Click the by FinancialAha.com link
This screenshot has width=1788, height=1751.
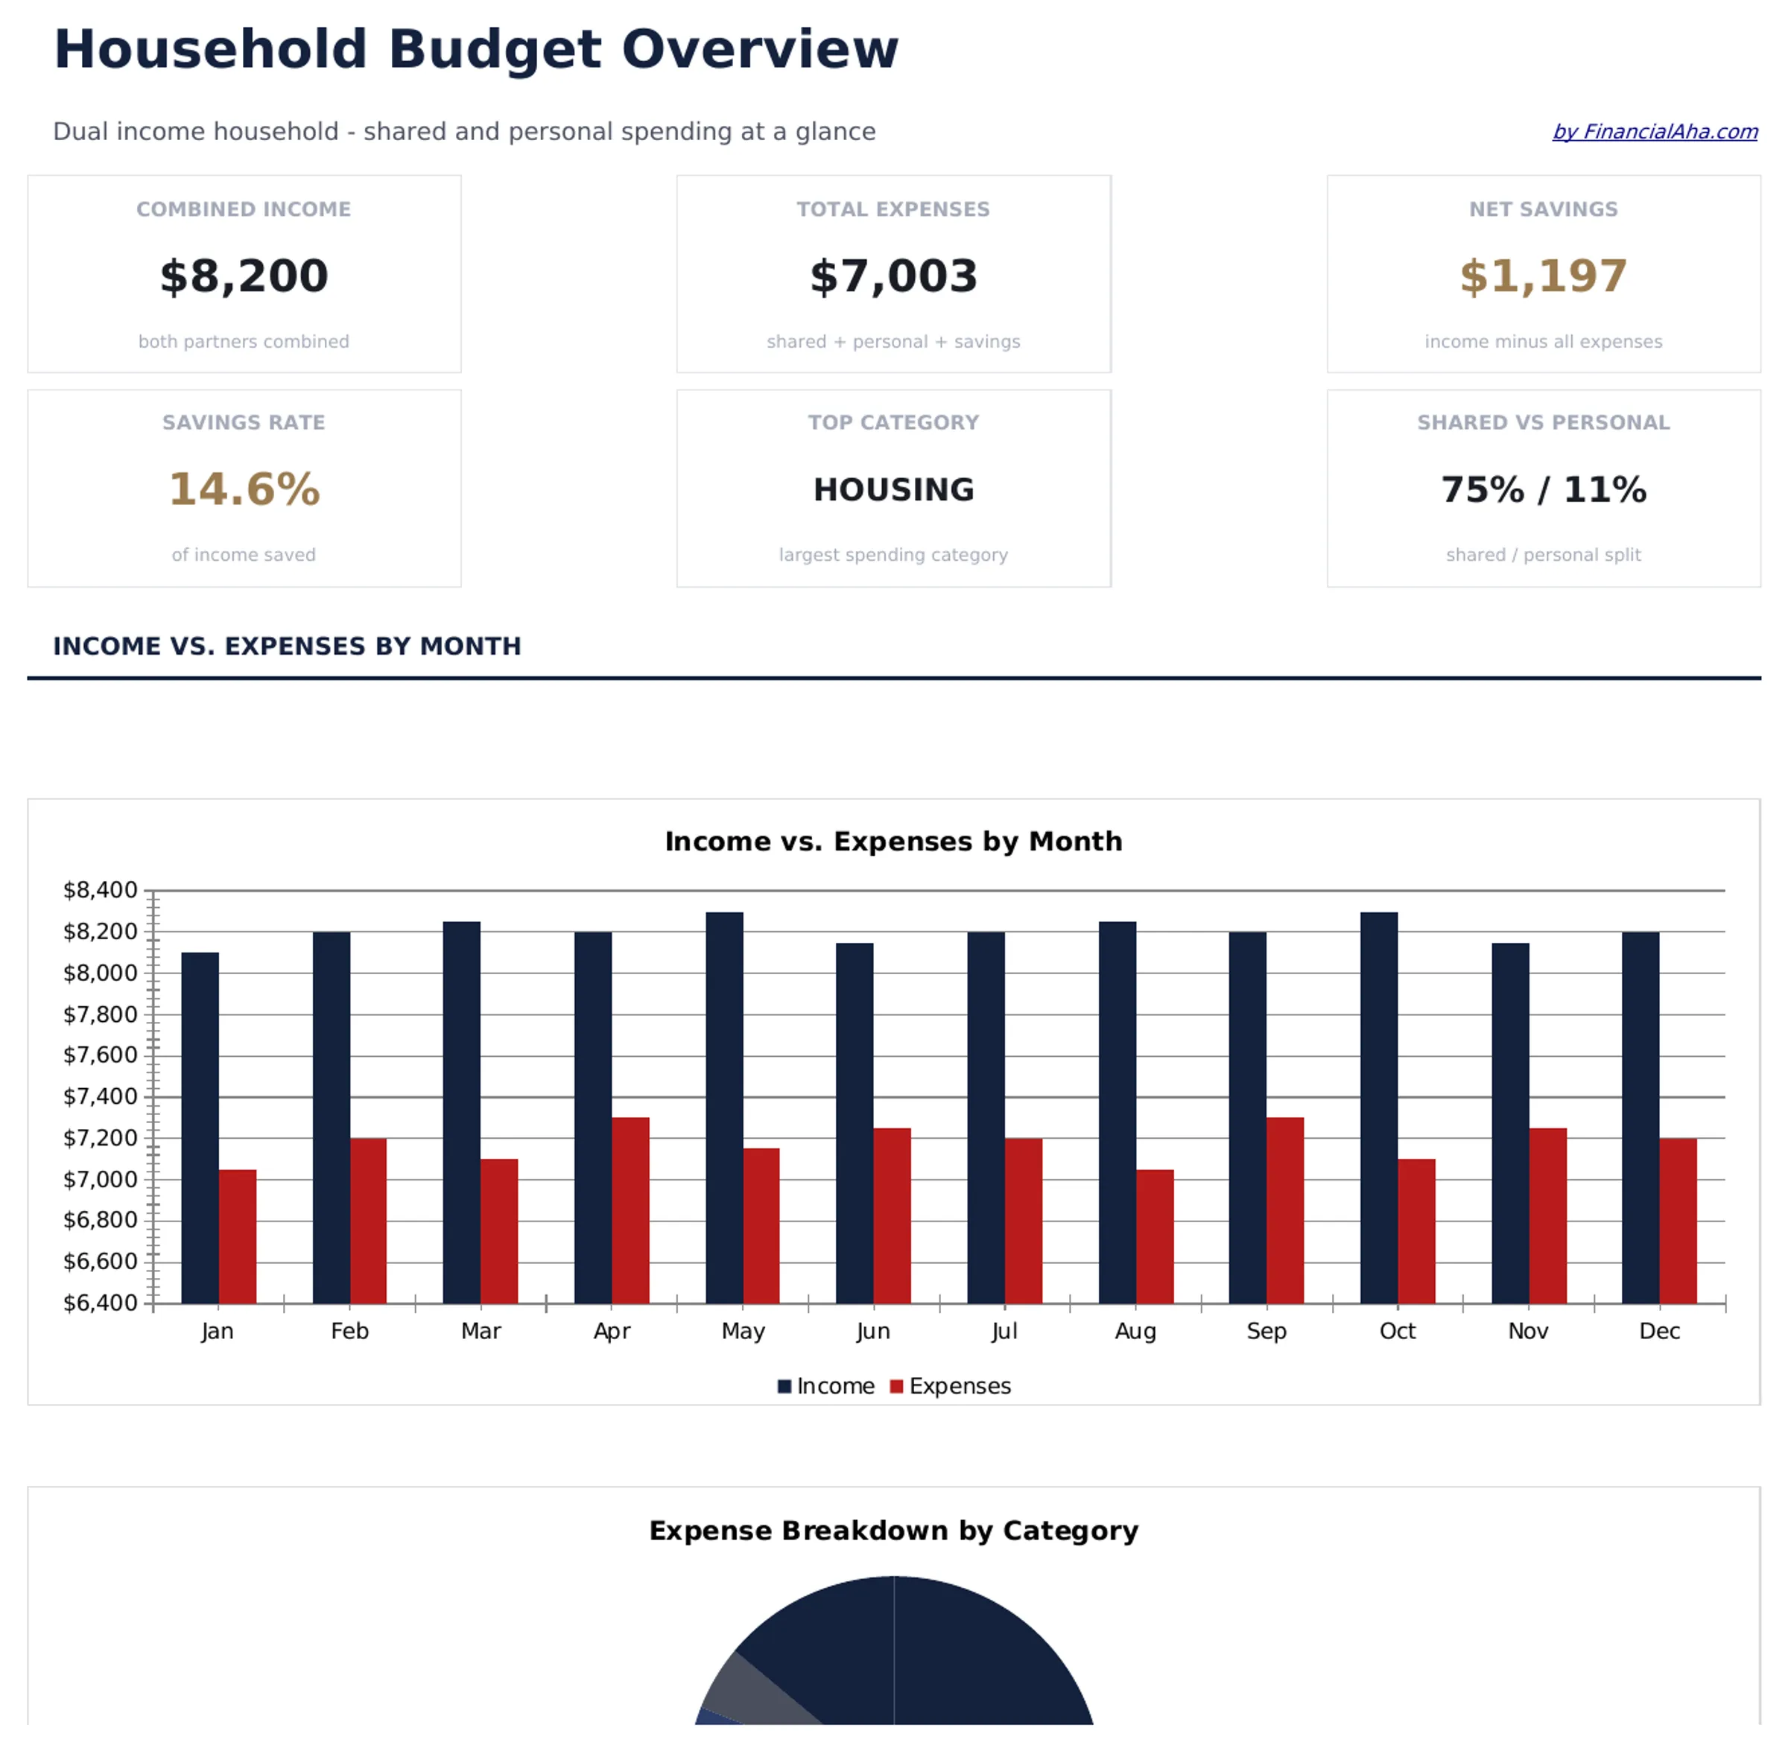1654,132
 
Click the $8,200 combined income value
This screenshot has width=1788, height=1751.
244,276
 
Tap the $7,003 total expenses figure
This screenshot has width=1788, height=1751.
893,276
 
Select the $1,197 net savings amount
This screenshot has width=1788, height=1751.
1542,276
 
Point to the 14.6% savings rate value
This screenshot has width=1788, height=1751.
244,489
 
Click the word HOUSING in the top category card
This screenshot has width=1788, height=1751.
893,489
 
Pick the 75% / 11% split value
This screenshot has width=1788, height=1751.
1542,489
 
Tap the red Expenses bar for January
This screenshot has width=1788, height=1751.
238,1236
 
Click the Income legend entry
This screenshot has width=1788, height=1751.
826,1386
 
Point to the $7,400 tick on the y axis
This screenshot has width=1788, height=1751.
99,1096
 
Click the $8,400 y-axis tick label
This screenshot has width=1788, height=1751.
99,890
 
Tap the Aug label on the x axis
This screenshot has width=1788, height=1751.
1135,1331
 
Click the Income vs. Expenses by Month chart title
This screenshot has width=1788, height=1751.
893,842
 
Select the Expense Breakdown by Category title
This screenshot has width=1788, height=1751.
893,1531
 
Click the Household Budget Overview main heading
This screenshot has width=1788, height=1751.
475,50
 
